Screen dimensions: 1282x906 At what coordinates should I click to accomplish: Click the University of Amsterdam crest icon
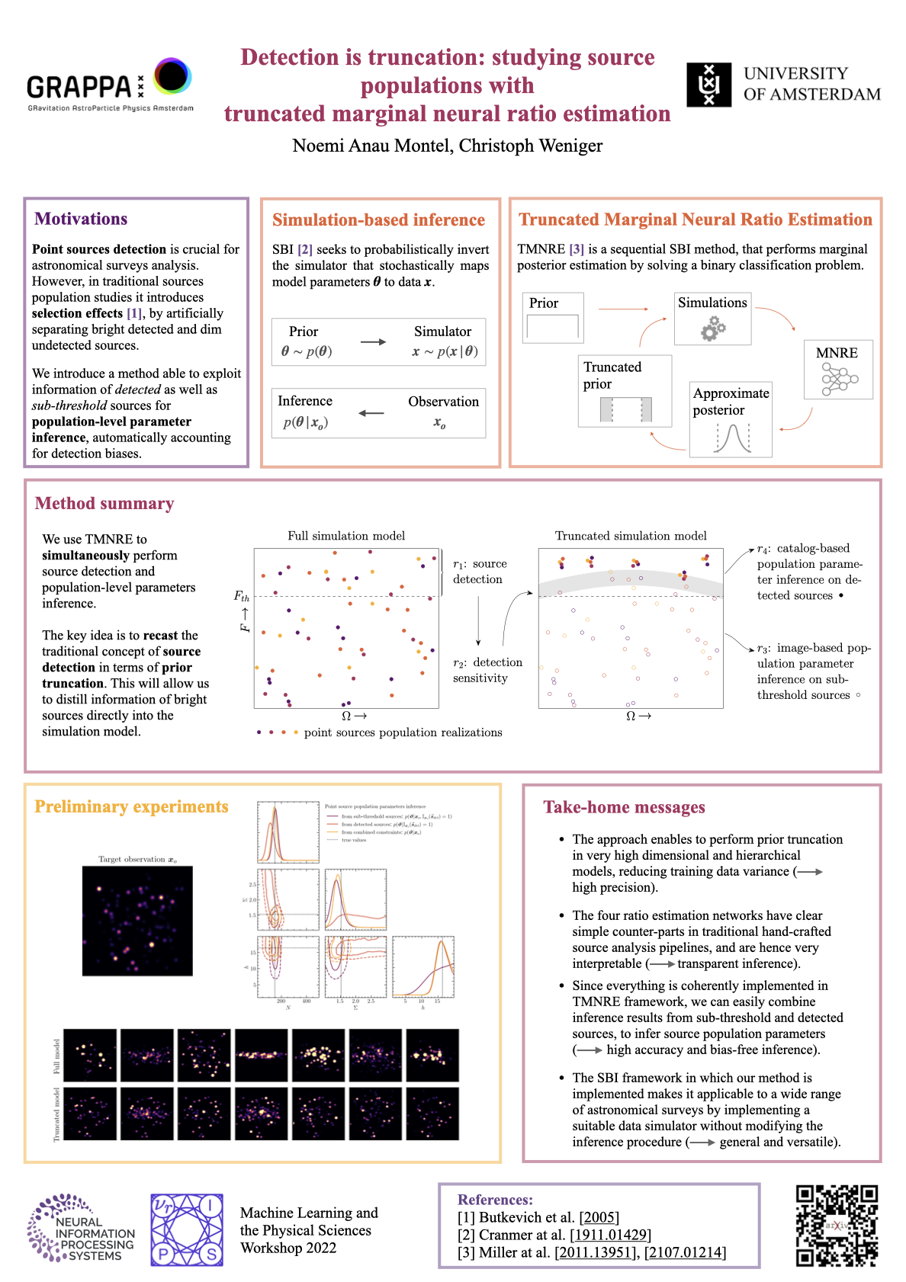708,85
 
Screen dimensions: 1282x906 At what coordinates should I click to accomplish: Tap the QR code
837,1226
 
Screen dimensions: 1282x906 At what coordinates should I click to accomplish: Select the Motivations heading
81,219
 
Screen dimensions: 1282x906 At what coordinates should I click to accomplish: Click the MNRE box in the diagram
838,370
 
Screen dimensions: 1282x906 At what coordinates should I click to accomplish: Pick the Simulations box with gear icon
712,319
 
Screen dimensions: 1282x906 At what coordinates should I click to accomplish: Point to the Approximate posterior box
731,419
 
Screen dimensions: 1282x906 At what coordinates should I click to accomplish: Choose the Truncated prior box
625,390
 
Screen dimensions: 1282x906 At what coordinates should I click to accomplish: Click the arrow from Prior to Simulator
373,341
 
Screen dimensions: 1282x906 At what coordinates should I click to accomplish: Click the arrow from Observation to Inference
371,413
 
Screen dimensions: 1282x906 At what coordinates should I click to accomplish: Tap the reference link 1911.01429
610,1235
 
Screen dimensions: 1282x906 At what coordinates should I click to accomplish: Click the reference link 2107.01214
685,1252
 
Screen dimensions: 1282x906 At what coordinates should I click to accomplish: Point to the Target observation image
137,921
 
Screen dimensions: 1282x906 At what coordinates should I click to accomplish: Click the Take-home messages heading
624,807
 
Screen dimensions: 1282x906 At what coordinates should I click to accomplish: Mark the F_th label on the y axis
242,596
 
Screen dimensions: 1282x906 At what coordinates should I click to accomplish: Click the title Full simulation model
346,536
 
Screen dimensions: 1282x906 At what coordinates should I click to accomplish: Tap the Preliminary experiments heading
131,806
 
